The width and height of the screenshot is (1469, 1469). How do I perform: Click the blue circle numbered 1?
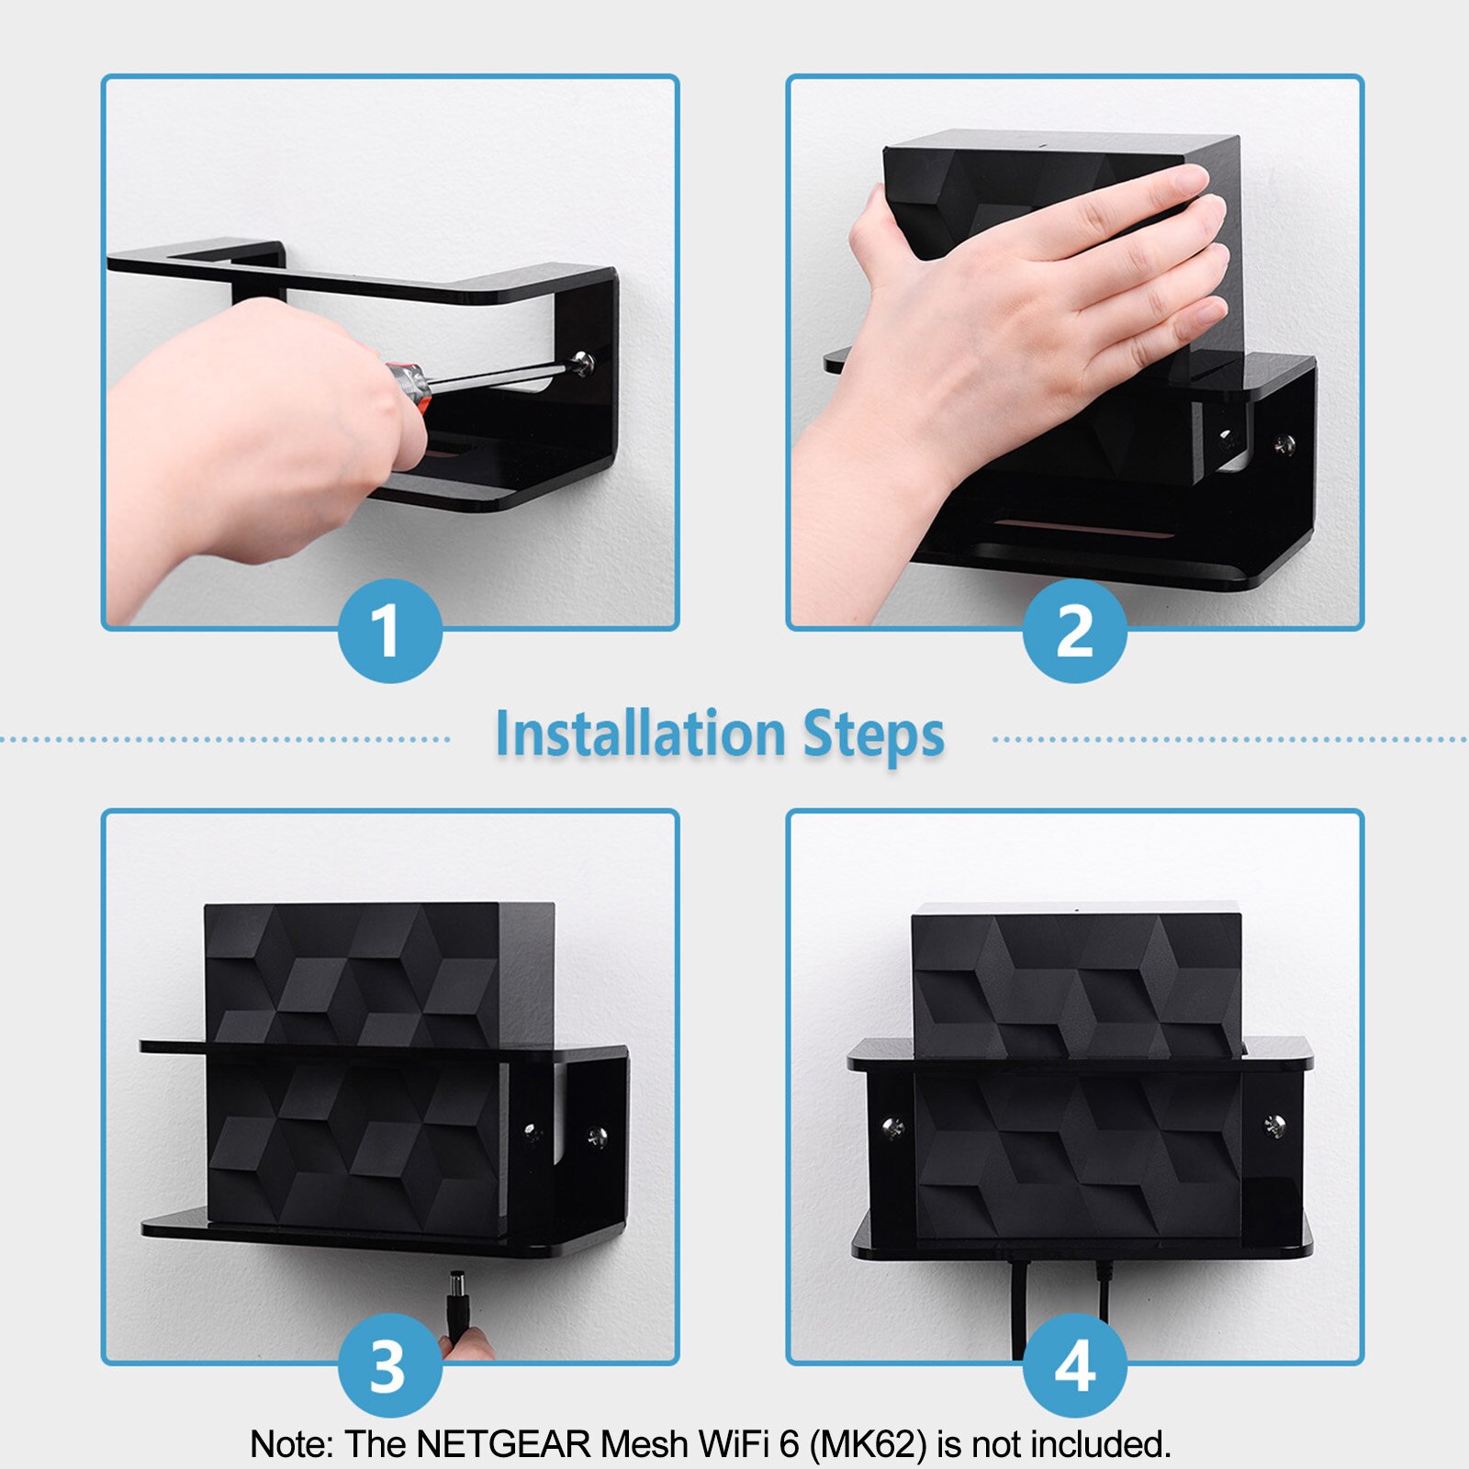point(389,632)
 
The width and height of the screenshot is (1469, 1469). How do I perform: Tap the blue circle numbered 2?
point(1074,632)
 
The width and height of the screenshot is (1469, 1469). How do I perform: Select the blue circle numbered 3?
point(389,1365)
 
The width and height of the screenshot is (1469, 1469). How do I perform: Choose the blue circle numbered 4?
point(1074,1365)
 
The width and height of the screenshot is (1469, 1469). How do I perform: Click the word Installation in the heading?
point(640,734)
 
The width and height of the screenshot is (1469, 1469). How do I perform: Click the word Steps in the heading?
point(873,734)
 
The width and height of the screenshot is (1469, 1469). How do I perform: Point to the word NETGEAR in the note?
point(503,1444)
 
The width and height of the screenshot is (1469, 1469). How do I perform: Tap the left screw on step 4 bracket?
point(891,1126)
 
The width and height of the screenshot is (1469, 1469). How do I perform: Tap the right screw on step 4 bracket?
point(1273,1124)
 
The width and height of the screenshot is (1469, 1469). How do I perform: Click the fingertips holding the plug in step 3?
point(466,1343)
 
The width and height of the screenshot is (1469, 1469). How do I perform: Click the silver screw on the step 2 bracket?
point(1284,445)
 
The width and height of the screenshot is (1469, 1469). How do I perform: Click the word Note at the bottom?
point(291,1444)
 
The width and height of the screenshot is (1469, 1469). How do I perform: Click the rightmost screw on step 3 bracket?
point(596,1137)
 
